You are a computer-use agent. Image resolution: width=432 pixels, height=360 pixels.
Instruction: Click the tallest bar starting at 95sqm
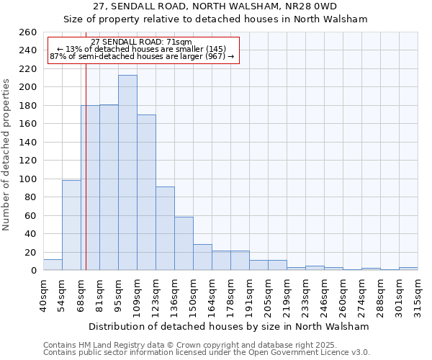tap(127, 173)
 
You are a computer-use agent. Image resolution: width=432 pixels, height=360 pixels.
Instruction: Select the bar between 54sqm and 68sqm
tap(71, 225)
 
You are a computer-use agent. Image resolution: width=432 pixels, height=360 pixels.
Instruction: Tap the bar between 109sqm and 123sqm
tap(146, 192)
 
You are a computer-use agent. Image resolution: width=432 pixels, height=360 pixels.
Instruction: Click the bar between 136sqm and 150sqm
tap(184, 243)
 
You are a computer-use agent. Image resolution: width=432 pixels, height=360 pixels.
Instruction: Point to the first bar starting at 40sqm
tap(53, 265)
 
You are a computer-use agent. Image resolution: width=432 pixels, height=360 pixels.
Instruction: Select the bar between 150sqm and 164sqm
tap(202, 257)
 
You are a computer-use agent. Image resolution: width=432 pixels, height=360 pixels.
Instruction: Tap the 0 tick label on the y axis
tap(33, 271)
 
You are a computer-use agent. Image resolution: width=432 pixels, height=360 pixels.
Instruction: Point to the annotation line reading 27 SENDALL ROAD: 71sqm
tap(142, 42)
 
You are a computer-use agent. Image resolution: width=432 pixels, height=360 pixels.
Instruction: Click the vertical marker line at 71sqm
tap(86, 180)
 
